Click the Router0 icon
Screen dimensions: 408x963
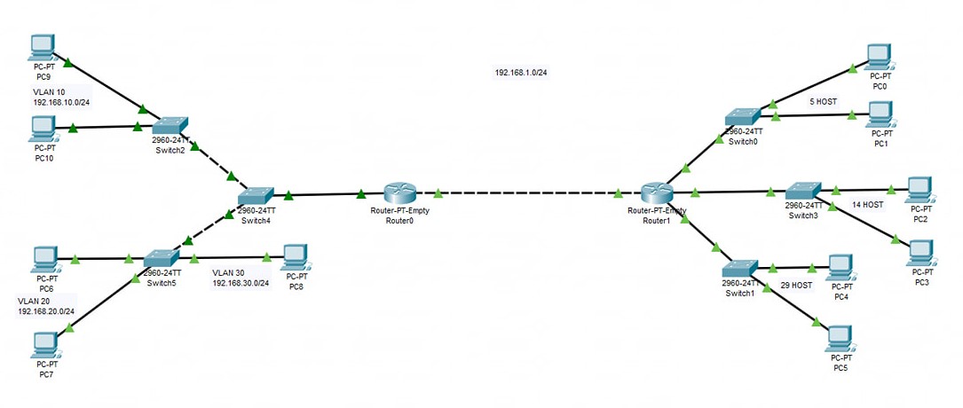400,193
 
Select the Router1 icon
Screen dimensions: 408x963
659,192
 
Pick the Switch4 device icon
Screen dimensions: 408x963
257,196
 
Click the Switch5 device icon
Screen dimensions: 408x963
162,258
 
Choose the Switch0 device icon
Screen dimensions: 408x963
742,117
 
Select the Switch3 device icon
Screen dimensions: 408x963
804,191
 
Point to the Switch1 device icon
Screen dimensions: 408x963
739,268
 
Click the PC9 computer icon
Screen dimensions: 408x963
43,46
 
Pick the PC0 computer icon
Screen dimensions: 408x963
879,55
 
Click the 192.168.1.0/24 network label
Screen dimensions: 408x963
521,72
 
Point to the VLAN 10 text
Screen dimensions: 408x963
49,92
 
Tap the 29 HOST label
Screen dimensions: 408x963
796,285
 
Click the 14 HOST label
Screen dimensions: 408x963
867,204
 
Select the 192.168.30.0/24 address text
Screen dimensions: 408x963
240,283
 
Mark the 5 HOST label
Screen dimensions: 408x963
823,101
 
